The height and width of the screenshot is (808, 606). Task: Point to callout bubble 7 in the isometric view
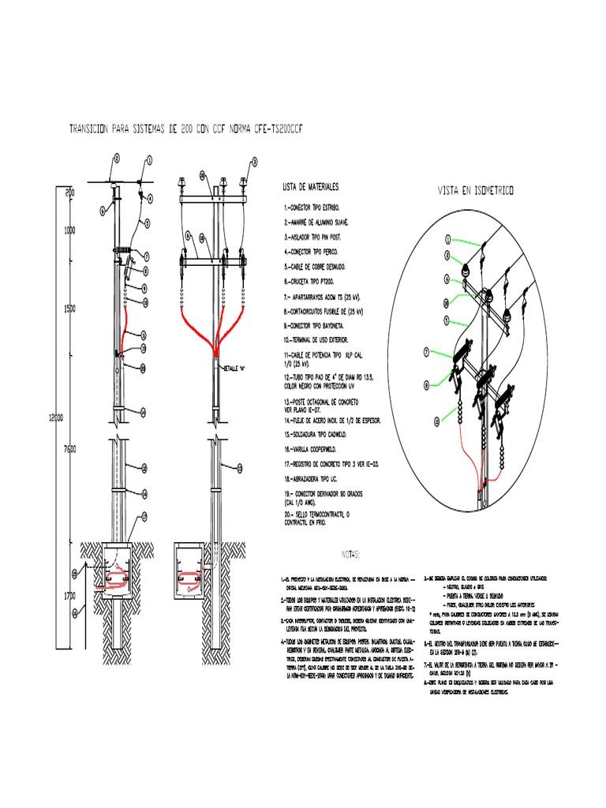[x=427, y=353]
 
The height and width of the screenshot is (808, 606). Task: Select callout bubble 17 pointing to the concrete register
[x=144, y=516]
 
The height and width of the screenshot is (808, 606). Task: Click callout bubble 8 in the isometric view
[x=427, y=386]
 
